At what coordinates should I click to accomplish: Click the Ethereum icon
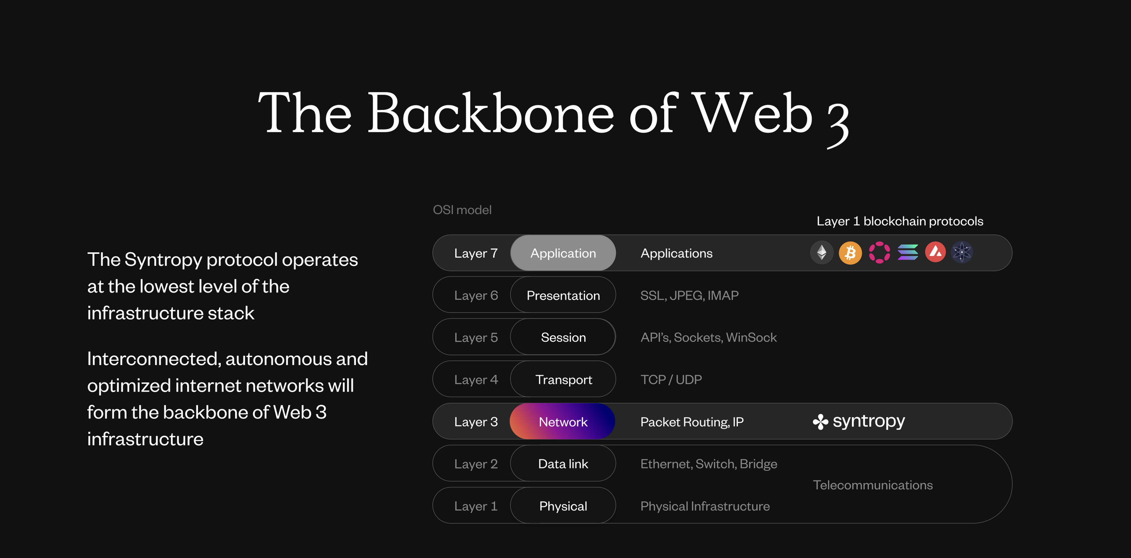click(821, 253)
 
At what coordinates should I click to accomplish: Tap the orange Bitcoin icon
click(850, 253)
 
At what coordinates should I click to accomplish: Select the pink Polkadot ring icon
click(879, 253)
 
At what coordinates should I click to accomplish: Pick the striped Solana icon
click(908, 252)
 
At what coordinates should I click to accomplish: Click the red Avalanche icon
click(935, 252)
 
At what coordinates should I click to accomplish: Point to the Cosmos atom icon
click(962, 252)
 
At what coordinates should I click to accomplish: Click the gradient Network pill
click(562, 422)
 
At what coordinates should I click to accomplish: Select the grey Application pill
click(563, 253)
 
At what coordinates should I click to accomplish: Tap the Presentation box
click(563, 295)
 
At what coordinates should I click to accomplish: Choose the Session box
click(563, 337)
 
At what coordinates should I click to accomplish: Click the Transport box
click(563, 379)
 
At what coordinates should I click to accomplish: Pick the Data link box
click(563, 464)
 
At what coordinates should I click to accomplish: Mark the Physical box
click(563, 506)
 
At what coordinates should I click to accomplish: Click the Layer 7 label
click(476, 253)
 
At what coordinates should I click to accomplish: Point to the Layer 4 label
click(476, 380)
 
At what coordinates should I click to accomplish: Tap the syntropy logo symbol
click(820, 422)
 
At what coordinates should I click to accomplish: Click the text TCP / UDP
click(671, 379)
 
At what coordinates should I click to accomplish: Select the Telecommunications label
click(872, 485)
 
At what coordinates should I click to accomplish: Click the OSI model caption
click(462, 210)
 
